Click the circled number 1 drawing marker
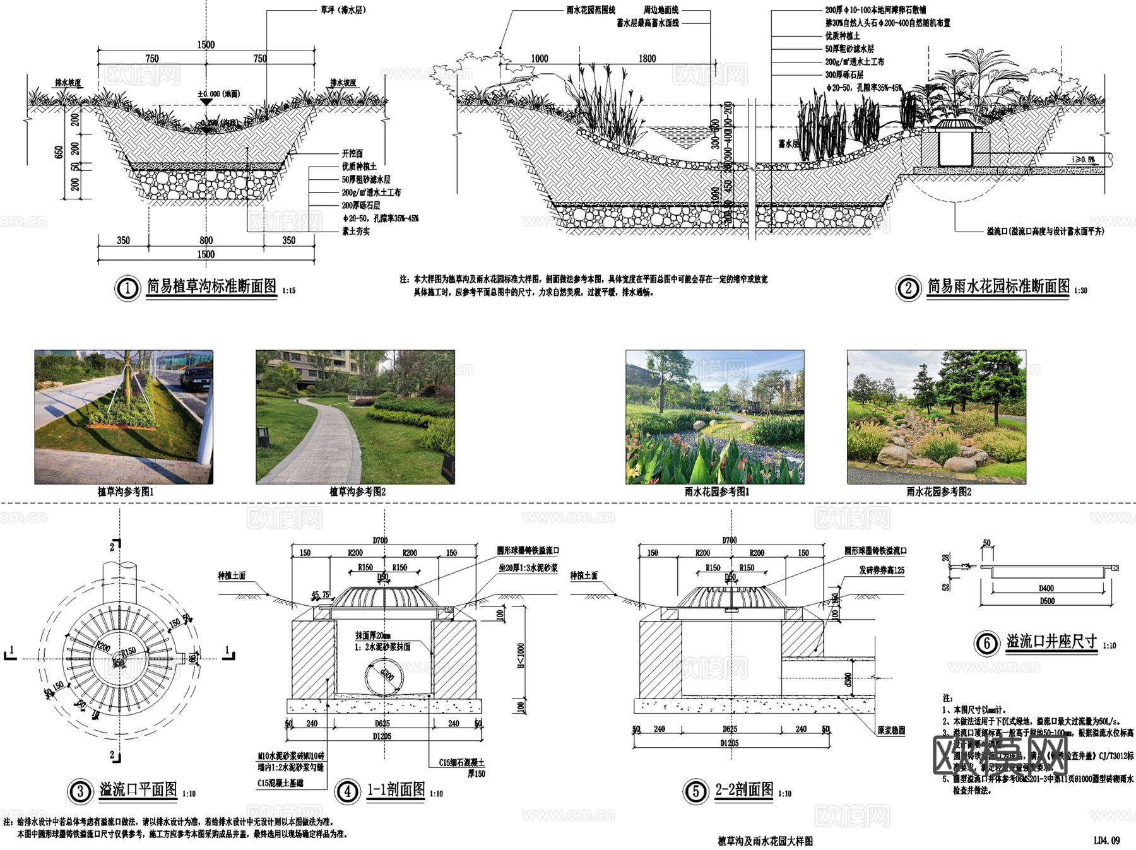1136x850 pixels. pos(127,288)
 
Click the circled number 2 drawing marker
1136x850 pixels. pos(908,288)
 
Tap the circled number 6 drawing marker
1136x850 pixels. pos(986,643)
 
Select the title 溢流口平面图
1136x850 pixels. pos(138,789)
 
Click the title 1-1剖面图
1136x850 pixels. pos(396,789)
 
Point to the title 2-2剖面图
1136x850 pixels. pos(744,789)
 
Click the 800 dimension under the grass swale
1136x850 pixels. pos(206,240)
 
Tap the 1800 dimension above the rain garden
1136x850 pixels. pos(647,59)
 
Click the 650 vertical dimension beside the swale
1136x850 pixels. pos(59,152)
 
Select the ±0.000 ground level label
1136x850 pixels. pos(218,94)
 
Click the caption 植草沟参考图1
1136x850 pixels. pos(125,492)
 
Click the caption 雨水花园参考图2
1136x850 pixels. pos(938,492)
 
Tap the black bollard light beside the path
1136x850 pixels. pos(263,436)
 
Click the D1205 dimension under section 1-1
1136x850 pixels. pos(382,736)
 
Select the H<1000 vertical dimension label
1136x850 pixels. pos(521,656)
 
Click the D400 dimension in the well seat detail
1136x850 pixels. pos(1046,588)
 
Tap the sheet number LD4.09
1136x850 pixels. pos(1106,841)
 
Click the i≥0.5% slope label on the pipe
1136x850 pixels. pos(1083,160)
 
